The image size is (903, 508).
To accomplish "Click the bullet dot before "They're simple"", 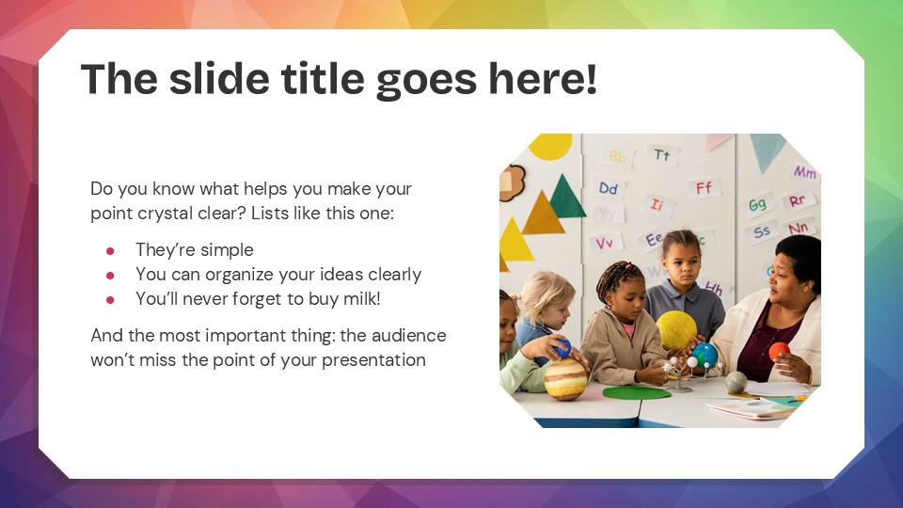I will pos(110,250).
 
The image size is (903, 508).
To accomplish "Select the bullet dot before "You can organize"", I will pos(110,275).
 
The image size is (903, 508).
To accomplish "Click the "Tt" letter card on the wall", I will pos(662,154).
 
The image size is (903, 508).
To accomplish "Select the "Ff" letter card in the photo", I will pos(704,187).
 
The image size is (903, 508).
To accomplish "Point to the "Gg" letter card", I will pos(757,204).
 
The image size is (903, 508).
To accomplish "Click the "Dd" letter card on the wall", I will pos(609,188).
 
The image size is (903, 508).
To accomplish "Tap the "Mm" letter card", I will pos(804,172).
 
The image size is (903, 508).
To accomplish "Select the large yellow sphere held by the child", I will pos(675,329).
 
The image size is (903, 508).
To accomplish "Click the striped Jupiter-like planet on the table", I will pos(565,378).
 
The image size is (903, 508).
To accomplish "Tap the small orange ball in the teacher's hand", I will pos(779,351).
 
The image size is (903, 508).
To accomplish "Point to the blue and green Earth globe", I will pos(705,355).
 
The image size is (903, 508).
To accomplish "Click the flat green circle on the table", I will pos(636,391).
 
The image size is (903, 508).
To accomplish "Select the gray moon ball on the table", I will pos(736,382).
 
